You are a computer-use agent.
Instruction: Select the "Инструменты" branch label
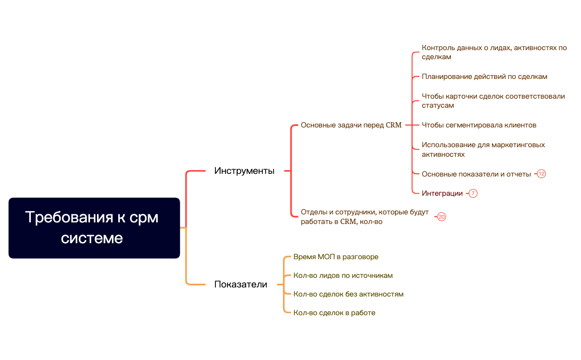pos(244,171)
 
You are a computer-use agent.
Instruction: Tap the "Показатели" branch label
pos(240,285)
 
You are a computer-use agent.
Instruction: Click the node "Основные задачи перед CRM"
pos(351,125)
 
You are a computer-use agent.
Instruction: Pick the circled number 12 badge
pos(542,174)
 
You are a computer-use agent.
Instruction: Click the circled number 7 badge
pos(473,194)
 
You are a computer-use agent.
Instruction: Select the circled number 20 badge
pos(441,217)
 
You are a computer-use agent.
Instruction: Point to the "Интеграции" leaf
pos(442,194)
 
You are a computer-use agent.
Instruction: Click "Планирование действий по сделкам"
pos(484,77)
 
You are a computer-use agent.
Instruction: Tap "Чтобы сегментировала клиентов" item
pos(479,125)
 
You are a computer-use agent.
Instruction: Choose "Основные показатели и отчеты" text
pos(476,174)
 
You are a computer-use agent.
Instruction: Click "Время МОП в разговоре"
pos(336,257)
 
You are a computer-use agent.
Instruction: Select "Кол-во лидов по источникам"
pos(343,276)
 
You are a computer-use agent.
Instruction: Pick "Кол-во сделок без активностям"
pos(348,294)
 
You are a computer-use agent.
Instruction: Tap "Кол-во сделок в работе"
pos(334,313)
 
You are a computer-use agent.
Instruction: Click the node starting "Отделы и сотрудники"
pos(364,217)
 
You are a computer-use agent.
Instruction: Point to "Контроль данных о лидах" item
pos(494,52)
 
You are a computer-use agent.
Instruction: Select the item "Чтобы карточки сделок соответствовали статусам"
pos(493,101)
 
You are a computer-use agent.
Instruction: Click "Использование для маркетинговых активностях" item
pos(483,149)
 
